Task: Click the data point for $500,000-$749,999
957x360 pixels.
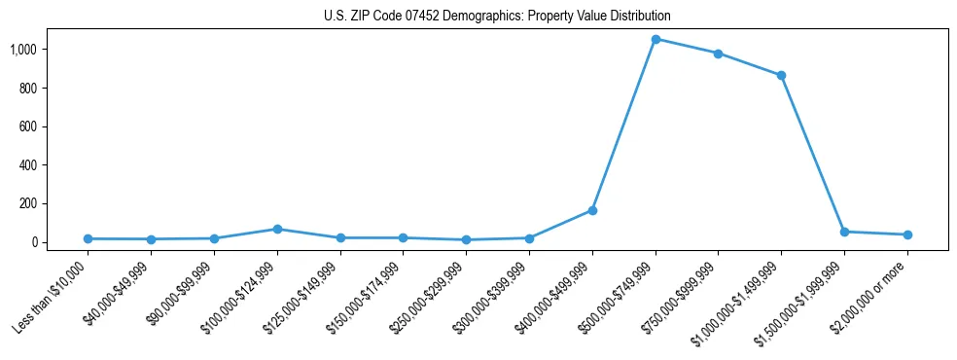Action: [x=656, y=39]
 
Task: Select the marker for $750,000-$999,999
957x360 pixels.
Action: [x=718, y=54]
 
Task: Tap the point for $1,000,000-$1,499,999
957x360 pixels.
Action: [x=781, y=75]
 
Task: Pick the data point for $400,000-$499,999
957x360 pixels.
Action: [x=592, y=210]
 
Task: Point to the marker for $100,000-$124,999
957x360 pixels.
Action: [x=277, y=229]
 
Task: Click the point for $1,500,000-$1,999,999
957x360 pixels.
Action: [x=844, y=232]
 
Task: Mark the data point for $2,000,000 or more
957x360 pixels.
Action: [x=907, y=234]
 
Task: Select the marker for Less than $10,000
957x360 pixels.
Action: [x=88, y=238]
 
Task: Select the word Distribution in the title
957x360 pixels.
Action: [x=637, y=17]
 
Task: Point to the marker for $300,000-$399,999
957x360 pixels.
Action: [x=529, y=237]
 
